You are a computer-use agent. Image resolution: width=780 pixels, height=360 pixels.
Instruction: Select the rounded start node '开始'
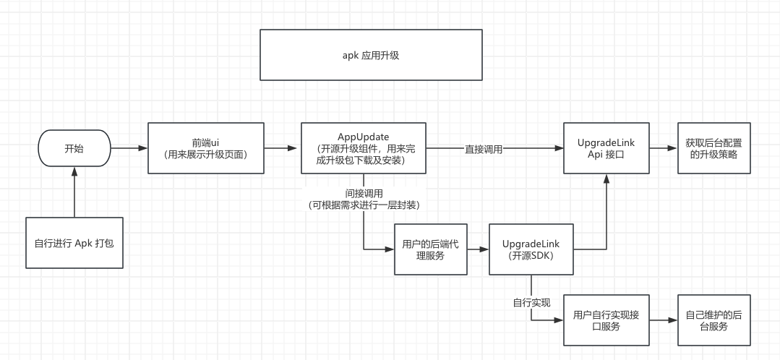coord(74,148)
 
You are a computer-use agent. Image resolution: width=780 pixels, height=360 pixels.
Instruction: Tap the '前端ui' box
coord(206,148)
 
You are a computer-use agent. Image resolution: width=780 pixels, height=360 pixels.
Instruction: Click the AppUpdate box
coord(364,148)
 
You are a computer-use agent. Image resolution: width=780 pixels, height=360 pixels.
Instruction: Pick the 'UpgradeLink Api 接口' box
coord(606,148)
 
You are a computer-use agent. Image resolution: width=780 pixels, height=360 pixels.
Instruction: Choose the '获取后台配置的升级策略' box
coord(713,148)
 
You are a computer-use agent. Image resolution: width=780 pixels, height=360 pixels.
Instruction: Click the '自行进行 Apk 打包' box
coord(74,243)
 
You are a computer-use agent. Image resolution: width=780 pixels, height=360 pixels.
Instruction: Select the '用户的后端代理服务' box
coord(429,249)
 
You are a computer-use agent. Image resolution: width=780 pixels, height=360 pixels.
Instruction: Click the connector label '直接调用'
coord(484,149)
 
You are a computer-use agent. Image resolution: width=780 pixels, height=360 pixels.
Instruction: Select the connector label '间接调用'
coord(364,194)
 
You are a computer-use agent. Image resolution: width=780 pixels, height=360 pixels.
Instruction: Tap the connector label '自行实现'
coord(531,300)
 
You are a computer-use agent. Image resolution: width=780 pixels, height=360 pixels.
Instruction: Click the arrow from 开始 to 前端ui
coord(129,148)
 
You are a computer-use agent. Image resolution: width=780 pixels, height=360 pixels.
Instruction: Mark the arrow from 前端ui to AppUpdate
coord(283,148)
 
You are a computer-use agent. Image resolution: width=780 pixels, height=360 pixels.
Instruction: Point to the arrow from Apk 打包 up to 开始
coord(74,193)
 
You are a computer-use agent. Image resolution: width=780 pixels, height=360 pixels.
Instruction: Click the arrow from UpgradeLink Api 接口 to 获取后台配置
coord(662,148)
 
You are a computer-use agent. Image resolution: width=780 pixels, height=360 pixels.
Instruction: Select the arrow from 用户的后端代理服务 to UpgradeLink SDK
coord(477,249)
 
